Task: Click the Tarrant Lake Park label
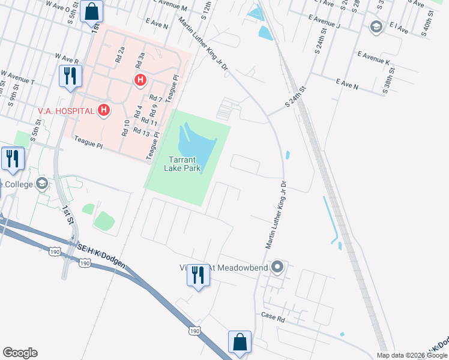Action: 183,163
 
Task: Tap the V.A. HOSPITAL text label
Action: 66,111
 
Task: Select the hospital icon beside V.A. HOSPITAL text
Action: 104,110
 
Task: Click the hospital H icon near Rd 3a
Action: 140,79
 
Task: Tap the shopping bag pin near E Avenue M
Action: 92,11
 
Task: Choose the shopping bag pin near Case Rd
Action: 240,342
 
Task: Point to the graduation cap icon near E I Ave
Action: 376,26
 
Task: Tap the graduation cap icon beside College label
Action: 42,184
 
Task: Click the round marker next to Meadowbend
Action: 277,266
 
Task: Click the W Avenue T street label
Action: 18,78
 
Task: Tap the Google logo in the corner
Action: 20,353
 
